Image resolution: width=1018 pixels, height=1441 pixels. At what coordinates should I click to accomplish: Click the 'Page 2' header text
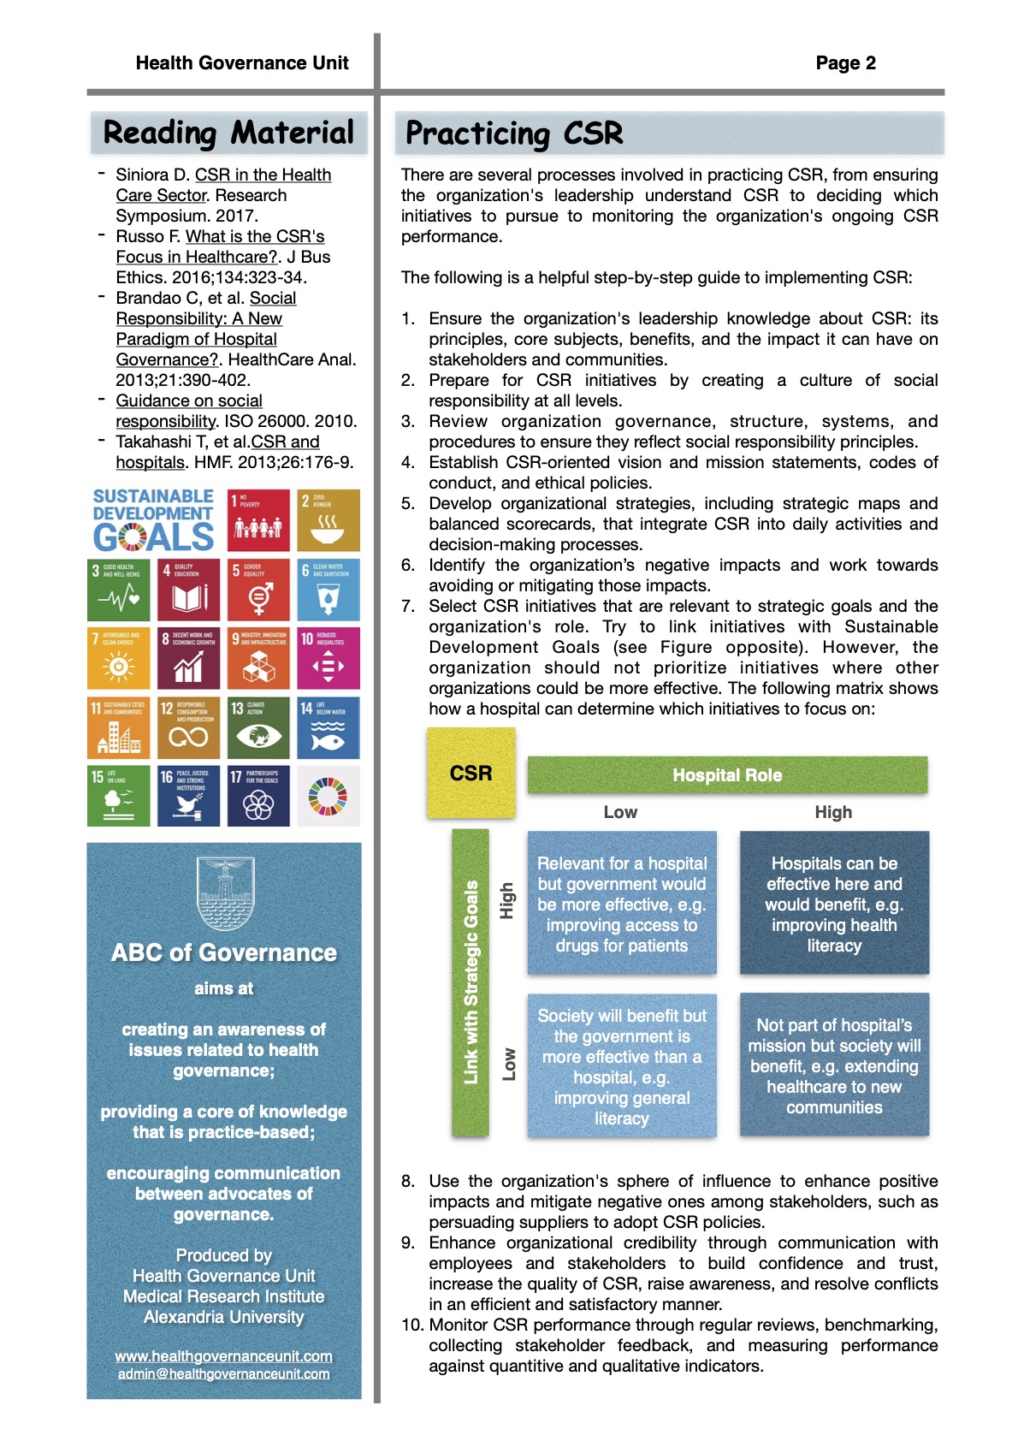(x=845, y=63)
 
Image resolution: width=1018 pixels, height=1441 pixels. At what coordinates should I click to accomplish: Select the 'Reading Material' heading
(x=228, y=133)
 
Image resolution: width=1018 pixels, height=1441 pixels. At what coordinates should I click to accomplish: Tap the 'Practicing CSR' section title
(x=514, y=134)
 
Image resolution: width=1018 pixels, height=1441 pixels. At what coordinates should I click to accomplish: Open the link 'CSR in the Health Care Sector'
(x=263, y=175)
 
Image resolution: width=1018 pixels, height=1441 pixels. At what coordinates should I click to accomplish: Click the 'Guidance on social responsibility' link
(x=189, y=401)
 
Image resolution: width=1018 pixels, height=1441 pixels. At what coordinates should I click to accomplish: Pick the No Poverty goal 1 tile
(x=259, y=520)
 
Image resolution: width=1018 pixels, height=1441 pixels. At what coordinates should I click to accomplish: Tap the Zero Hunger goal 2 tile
(x=328, y=520)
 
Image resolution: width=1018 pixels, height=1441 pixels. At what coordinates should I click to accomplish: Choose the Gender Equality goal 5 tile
(x=259, y=590)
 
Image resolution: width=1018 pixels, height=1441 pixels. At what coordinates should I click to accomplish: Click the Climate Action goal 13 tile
(x=259, y=727)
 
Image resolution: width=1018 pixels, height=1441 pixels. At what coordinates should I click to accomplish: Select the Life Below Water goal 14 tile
(x=328, y=727)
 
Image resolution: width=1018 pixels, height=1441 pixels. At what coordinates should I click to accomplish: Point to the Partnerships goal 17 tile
(x=259, y=796)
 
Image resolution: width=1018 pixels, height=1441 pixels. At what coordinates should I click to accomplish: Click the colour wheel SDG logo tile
(x=328, y=796)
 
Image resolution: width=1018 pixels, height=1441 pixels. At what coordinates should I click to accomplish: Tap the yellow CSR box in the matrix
(x=471, y=774)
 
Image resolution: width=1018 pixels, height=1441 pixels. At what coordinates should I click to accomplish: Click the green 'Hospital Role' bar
(x=727, y=775)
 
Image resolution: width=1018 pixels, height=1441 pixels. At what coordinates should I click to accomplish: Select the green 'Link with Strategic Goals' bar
(x=471, y=982)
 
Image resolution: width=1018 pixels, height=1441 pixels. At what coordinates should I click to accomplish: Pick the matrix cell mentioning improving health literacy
(x=834, y=904)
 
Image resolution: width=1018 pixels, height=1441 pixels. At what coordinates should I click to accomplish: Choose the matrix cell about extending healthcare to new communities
(x=834, y=1065)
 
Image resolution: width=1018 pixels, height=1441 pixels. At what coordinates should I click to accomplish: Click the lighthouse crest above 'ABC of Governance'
(x=224, y=893)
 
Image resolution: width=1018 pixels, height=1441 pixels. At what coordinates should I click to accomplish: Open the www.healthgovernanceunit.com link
(x=224, y=1356)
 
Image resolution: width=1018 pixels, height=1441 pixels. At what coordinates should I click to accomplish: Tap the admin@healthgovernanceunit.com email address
(x=224, y=1374)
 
